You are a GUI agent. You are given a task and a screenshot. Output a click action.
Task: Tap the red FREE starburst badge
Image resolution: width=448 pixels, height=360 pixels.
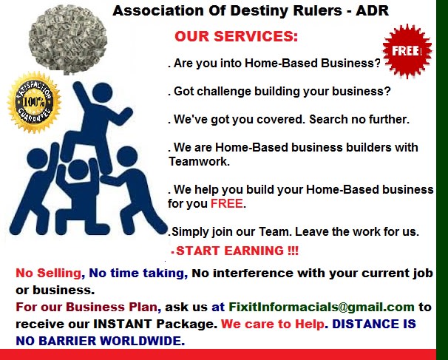click(407, 51)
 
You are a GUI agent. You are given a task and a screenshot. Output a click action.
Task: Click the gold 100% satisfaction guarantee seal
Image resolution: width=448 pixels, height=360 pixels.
click(34, 102)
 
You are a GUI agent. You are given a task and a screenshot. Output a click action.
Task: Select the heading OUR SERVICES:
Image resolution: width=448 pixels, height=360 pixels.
click(236, 36)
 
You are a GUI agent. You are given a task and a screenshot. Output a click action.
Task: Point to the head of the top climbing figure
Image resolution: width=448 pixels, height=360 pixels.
click(102, 92)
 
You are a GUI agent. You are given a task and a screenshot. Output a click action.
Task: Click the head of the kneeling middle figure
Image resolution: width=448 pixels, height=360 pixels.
click(78, 169)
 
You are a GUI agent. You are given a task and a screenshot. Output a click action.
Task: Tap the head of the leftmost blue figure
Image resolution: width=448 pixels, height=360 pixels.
click(37, 158)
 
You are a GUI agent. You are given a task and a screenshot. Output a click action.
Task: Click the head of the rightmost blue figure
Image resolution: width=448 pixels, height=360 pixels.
click(127, 156)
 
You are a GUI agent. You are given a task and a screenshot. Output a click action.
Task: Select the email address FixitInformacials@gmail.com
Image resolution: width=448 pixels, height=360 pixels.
click(322, 307)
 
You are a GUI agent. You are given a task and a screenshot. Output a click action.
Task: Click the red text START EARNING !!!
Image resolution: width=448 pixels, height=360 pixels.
click(237, 251)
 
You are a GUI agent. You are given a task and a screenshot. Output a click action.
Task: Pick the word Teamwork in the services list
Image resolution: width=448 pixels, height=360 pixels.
click(199, 161)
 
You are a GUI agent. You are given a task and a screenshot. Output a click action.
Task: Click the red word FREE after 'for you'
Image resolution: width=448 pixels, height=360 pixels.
click(227, 204)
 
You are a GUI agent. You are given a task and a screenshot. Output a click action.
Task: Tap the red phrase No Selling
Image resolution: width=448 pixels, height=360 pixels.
click(49, 274)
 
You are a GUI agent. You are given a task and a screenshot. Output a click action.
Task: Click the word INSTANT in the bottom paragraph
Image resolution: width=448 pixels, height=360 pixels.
click(123, 324)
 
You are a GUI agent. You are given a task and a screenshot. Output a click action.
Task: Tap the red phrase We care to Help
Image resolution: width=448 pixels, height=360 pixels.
click(273, 324)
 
